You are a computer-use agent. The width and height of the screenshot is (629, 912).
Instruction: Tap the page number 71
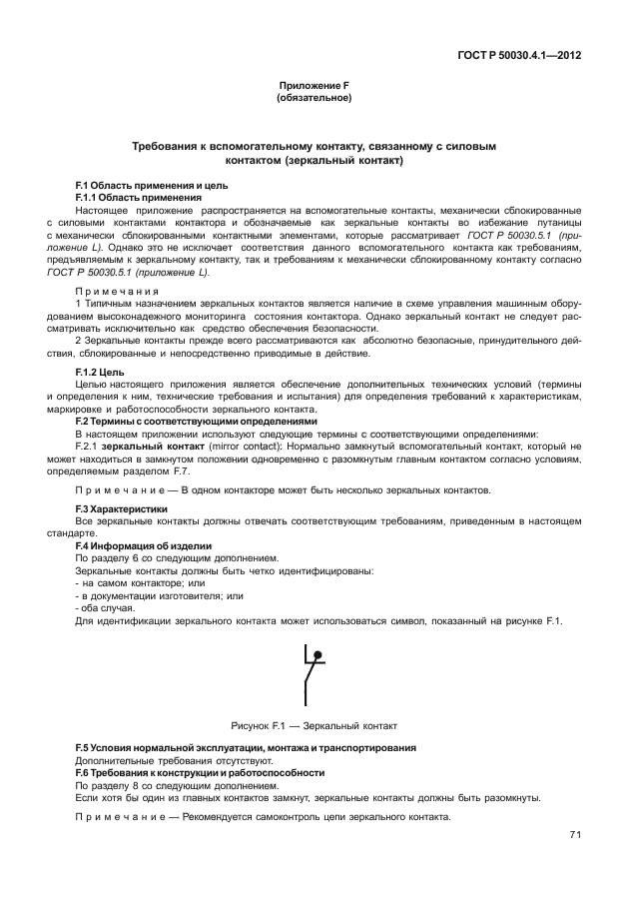576,834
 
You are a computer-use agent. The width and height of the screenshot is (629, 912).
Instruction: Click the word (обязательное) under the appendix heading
313,99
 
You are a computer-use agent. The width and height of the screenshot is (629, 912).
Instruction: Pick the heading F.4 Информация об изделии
143,546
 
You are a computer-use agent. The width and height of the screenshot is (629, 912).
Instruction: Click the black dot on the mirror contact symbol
318,655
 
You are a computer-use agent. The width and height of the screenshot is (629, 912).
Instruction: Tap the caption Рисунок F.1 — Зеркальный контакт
314,725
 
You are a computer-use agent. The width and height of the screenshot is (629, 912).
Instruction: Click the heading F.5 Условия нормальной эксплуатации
246,748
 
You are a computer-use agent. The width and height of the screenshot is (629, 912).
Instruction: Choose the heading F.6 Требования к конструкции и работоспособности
200,773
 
